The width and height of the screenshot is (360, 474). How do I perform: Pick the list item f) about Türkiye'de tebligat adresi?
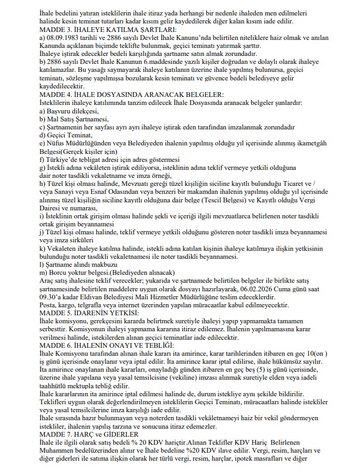(110, 159)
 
